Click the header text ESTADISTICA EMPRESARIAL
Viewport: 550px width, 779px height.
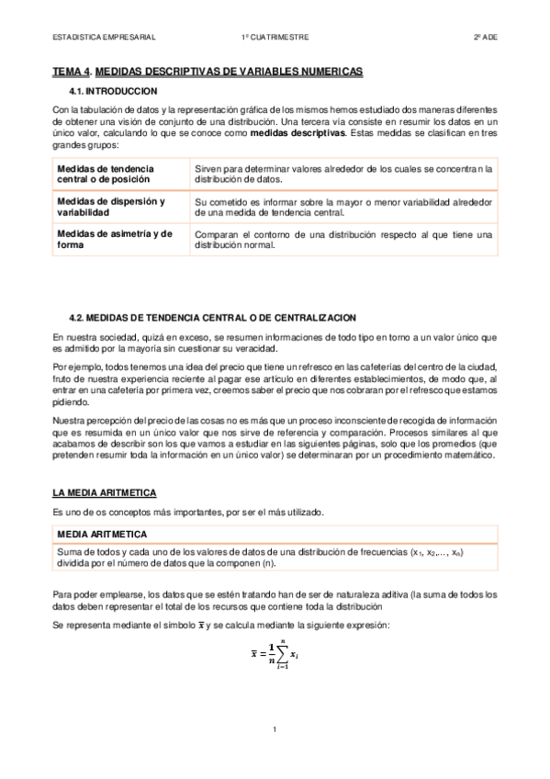(x=104, y=38)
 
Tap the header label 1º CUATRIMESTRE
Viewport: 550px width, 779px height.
(x=275, y=38)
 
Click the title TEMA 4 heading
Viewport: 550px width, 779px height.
(x=208, y=71)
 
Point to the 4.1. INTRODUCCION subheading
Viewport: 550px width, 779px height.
(x=113, y=91)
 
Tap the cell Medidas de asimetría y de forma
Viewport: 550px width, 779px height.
(x=115, y=239)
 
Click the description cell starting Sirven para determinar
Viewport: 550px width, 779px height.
(x=343, y=175)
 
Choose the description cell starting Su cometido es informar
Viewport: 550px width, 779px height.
(x=343, y=207)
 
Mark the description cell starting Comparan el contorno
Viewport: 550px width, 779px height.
(x=343, y=239)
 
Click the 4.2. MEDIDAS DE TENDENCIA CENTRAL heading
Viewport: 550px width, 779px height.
(x=212, y=317)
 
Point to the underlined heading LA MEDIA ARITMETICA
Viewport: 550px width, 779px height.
(x=104, y=493)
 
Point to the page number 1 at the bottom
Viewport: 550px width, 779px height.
(x=275, y=729)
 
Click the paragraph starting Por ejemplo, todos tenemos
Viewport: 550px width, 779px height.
(x=275, y=383)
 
